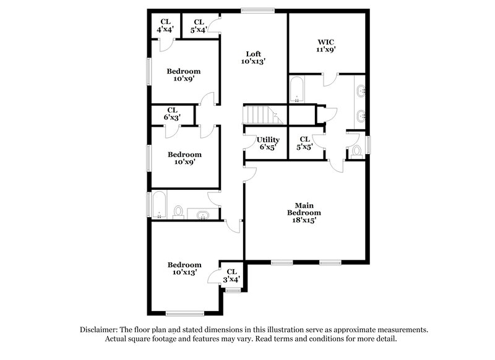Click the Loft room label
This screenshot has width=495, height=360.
coord(254,57)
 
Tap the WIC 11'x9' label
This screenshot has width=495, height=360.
coord(327,46)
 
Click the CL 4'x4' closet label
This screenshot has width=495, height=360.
coord(165,25)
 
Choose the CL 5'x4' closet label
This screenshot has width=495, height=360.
coord(199,25)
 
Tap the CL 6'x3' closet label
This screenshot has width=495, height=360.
coord(172,114)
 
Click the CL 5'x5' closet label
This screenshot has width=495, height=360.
coord(304,144)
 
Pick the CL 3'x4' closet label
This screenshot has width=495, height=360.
coord(231,275)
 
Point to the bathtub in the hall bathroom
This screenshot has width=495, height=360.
coord(159,207)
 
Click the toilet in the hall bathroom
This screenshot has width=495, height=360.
coord(178,213)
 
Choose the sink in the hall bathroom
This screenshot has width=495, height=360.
coord(202,215)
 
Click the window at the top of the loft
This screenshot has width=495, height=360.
coord(257,9)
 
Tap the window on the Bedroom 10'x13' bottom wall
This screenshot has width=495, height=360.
coord(185,313)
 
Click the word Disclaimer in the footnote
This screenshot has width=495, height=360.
coord(101,330)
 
